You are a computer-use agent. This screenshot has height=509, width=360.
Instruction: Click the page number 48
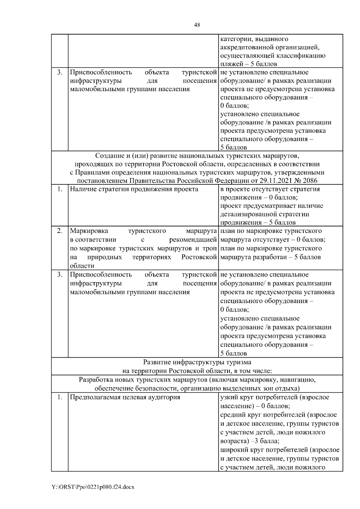(x=197, y=25)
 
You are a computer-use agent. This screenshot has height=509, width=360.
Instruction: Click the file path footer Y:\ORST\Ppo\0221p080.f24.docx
(x=93, y=487)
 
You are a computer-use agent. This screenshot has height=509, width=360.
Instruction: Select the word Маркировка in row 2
(x=89, y=231)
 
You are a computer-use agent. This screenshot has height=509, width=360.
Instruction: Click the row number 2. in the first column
(x=60, y=231)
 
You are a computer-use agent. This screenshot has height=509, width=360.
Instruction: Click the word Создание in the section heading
(x=109, y=156)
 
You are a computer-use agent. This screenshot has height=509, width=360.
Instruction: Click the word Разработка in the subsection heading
(x=96, y=380)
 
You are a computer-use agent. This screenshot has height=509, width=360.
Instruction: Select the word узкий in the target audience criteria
(x=229, y=397)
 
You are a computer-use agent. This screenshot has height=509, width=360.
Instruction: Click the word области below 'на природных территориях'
(x=82, y=266)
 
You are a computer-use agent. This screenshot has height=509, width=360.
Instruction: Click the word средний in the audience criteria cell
(x=232, y=415)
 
